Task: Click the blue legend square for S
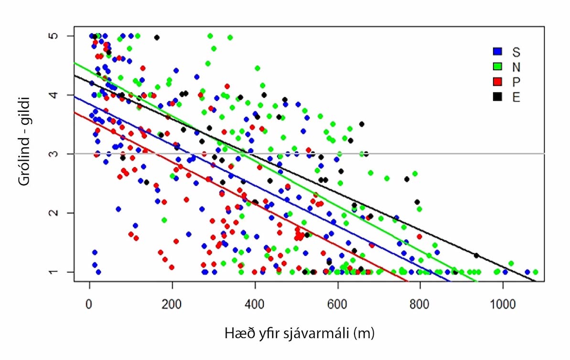tap(497, 51)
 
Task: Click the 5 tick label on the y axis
tap(56, 36)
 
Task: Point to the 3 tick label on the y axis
tap(56, 153)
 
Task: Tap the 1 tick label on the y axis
tap(56, 272)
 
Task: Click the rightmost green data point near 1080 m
tap(535, 272)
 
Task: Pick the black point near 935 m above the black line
tap(476, 255)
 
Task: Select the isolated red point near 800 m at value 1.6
tap(419, 236)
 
